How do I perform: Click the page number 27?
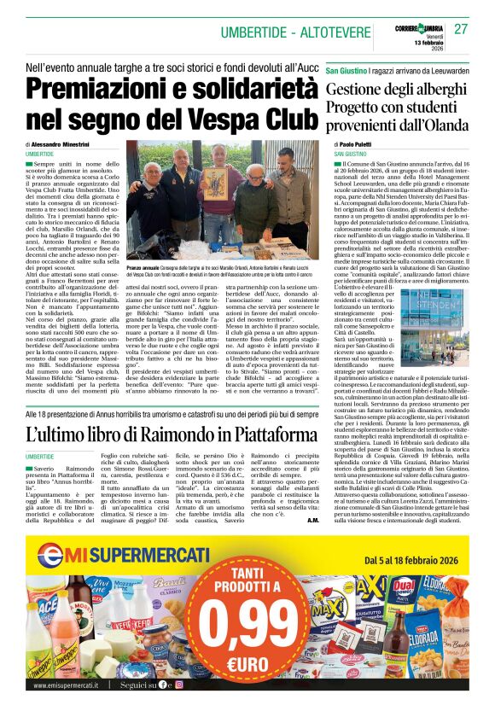coord(461,29)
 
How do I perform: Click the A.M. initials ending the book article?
coord(312,520)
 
